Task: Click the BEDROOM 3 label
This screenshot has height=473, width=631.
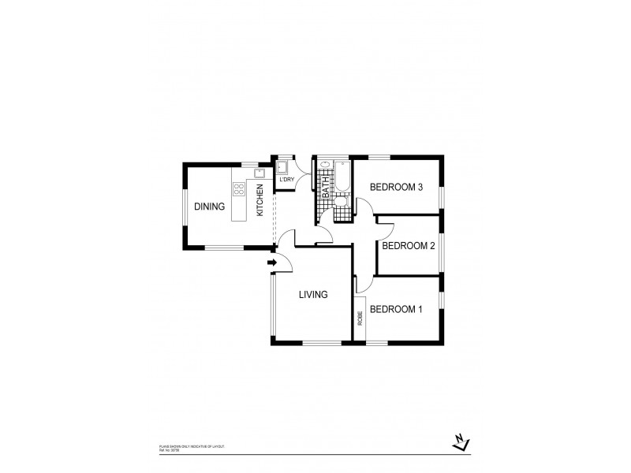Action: coord(397,187)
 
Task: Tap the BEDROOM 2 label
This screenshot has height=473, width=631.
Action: coord(409,245)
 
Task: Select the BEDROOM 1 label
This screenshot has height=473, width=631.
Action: coord(396,309)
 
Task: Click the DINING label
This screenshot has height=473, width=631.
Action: coord(210,207)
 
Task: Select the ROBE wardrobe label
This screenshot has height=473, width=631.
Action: coord(360,318)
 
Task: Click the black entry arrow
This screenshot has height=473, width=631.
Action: coord(273,263)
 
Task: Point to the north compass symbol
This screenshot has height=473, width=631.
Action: coord(461,443)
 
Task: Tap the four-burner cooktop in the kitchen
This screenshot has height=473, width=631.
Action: coord(238,189)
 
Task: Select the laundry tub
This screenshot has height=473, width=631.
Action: coord(282,166)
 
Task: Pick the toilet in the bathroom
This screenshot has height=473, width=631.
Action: coord(340,203)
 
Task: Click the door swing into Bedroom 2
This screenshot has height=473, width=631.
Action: coord(384,228)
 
